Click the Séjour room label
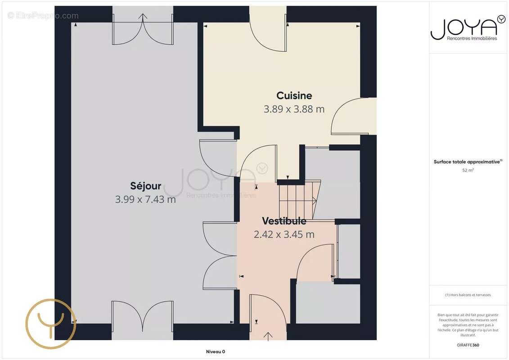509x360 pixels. [x=146, y=186]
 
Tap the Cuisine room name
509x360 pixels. [x=294, y=95]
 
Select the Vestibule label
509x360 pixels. [x=284, y=221]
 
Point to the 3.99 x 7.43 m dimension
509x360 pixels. [x=145, y=199]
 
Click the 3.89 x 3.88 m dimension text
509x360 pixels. [x=294, y=109]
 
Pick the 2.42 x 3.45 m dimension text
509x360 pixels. [x=284, y=234]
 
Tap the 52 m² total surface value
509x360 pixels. [x=468, y=170]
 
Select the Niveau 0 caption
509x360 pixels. [x=216, y=351]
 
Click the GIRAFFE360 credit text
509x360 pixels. [x=468, y=345]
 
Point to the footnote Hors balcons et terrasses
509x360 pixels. [x=468, y=295]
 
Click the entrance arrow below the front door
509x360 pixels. [x=268, y=337]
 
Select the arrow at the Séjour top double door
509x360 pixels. [x=143, y=16]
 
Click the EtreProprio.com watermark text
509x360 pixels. [x=43, y=16]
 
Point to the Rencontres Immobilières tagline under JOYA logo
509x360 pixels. [x=472, y=38]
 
